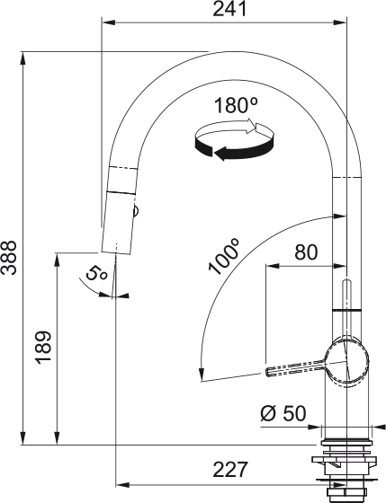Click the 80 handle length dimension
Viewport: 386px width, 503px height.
[306, 252]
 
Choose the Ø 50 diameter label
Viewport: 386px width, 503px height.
[283, 414]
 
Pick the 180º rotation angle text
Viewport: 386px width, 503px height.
[236, 105]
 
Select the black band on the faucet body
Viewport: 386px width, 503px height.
[346, 310]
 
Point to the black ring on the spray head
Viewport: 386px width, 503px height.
[121, 191]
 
